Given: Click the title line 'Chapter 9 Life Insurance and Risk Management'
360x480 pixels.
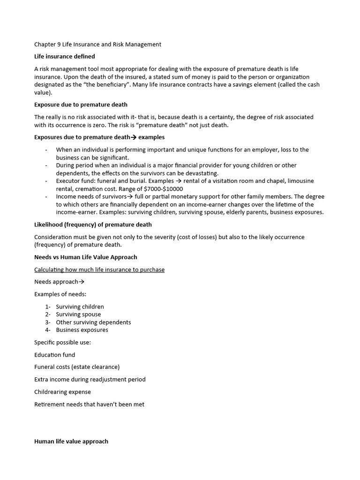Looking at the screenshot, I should (x=97, y=45).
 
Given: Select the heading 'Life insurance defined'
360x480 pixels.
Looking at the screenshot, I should (x=65, y=57).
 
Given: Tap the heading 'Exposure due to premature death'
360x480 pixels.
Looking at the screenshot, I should (x=81, y=105).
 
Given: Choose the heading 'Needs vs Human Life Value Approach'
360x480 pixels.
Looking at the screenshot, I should (x=85, y=257).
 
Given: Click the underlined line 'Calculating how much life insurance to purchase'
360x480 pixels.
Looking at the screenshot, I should (x=99, y=270).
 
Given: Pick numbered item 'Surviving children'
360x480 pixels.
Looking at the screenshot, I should (x=80, y=307).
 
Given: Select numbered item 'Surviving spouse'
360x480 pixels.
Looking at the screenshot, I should (x=78, y=315).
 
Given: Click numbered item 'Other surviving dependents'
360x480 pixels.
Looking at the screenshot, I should (x=93, y=322).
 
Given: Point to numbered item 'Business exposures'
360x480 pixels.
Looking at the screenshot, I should (x=82, y=330).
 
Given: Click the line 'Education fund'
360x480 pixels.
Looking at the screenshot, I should (x=54, y=355).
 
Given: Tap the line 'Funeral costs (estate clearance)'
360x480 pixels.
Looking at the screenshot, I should (x=77, y=367).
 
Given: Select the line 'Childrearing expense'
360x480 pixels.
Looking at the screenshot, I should (x=62, y=392).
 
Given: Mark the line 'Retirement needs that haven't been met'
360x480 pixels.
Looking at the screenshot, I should (x=89, y=404).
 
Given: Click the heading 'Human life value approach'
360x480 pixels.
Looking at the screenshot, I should (x=71, y=442).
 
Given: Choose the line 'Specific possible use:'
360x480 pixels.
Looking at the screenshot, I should (x=62, y=343).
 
